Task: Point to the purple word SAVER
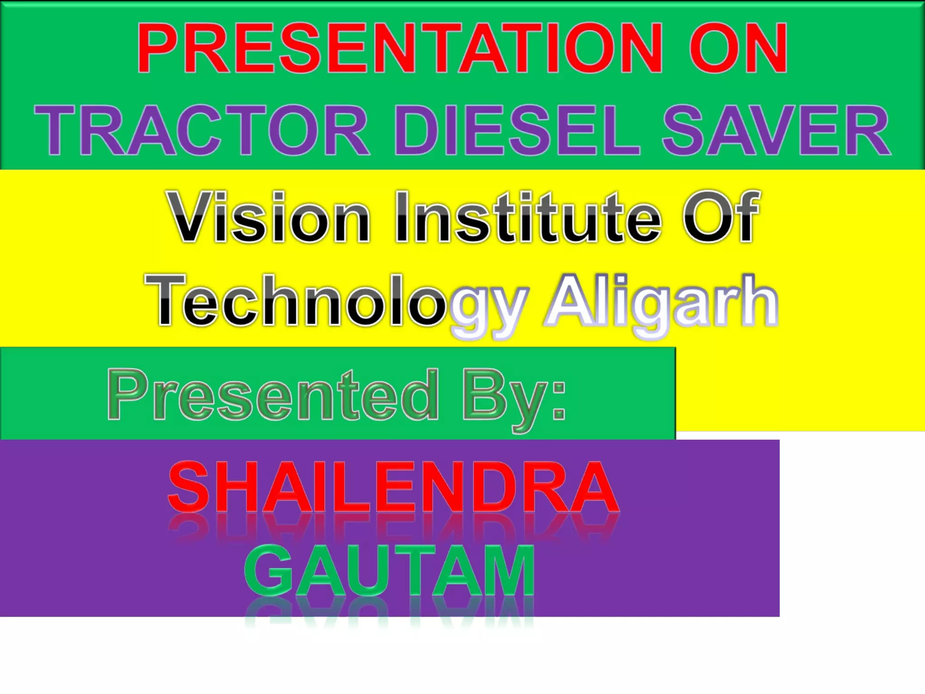[776, 131]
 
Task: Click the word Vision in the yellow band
[269, 217]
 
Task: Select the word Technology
[336, 301]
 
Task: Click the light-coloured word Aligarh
[662, 301]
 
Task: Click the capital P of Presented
[127, 394]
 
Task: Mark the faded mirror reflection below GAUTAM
[389, 614]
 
